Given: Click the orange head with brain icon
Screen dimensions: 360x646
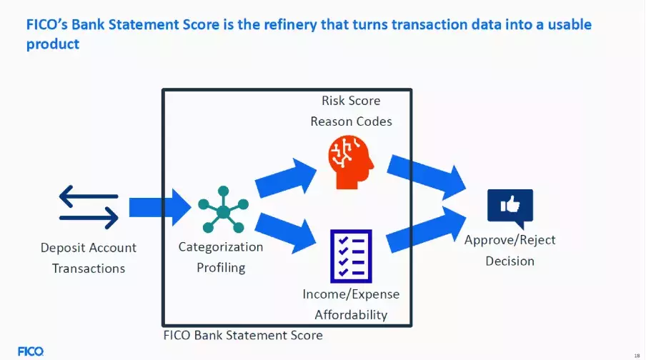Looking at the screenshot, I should click(x=351, y=163).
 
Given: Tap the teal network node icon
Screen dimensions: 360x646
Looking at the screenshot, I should click(x=223, y=210).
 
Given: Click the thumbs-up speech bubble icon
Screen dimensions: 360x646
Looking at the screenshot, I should click(x=510, y=207).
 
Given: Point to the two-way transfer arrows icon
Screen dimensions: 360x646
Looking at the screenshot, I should click(x=89, y=207).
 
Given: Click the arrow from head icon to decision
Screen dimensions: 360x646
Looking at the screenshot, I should click(x=427, y=175).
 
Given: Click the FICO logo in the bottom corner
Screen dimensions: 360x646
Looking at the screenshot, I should click(x=31, y=351).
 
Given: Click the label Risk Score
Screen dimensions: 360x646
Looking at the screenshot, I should click(x=351, y=101).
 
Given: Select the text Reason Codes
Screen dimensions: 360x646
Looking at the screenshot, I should click(x=351, y=121).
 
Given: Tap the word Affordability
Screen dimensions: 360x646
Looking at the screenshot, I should click(x=351, y=314).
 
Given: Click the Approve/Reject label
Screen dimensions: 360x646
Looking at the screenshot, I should click(x=510, y=240).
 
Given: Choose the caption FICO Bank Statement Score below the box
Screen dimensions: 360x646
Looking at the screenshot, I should click(x=243, y=335).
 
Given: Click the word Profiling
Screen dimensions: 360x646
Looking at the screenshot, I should click(x=221, y=268).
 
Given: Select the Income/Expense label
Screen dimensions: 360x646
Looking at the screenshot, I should click(x=351, y=294).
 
